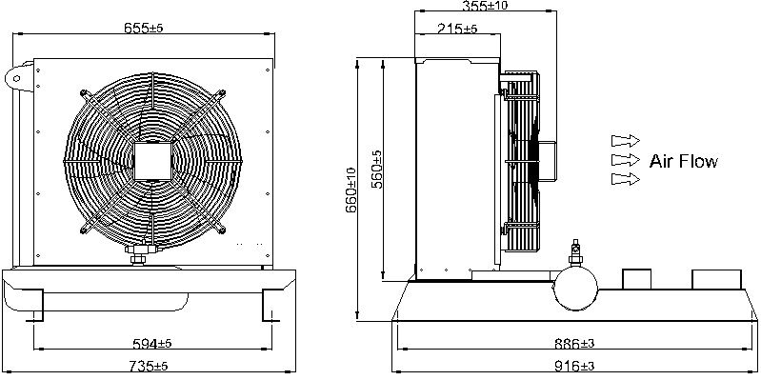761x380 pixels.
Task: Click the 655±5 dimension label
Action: click(x=143, y=28)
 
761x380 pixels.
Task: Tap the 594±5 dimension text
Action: click(x=152, y=344)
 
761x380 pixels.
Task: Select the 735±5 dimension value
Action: click(x=149, y=365)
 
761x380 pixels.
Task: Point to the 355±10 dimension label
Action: click(x=485, y=6)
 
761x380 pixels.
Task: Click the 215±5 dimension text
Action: click(x=457, y=29)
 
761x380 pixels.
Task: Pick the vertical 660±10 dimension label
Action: click(x=351, y=190)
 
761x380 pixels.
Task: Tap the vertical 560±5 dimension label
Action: click(x=376, y=169)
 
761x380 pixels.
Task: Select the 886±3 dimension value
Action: click(x=574, y=344)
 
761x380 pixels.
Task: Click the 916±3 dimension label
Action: click(x=574, y=365)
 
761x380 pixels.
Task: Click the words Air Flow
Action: click(x=683, y=161)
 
